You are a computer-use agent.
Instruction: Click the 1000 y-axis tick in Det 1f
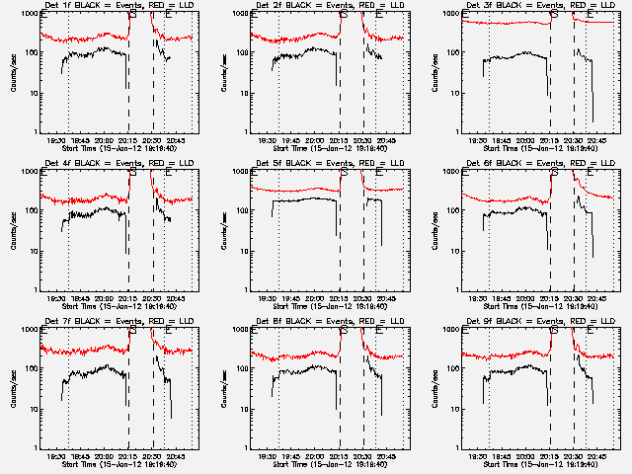coord(31,14)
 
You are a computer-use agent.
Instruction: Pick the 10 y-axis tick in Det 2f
coord(244,93)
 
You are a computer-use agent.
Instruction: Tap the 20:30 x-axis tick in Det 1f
coord(153,138)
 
